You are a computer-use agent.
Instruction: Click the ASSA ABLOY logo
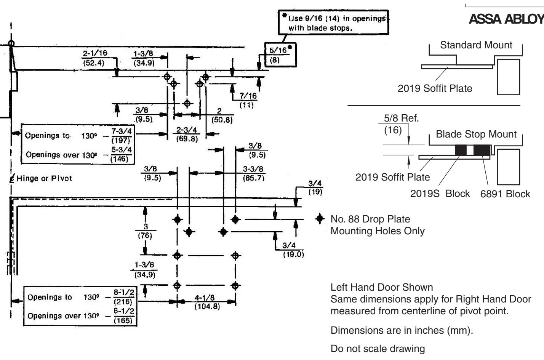coord(506,19)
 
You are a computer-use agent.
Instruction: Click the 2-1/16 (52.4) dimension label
coord(94,58)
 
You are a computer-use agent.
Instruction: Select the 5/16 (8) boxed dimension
coord(279,55)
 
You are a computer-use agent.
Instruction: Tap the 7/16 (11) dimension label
coord(248,100)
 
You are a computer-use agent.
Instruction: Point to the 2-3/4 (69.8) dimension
coord(187,134)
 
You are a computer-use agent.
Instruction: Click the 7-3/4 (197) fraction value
coord(122,136)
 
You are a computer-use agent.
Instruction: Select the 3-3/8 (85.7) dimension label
coord(254,173)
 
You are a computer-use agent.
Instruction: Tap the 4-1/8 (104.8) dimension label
coord(207,302)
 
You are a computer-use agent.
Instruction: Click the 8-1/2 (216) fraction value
coord(123,297)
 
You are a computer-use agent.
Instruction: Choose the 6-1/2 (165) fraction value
coord(123,316)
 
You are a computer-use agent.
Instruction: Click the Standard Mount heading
coord(476,45)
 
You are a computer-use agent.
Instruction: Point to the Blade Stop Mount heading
coord(476,134)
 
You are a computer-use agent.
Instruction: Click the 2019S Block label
coord(440,194)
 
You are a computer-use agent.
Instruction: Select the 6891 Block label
coord(505,194)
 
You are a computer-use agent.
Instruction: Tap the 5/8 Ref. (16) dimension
coord(401,124)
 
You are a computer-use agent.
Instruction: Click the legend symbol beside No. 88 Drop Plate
coord(320,219)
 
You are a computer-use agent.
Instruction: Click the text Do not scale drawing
coord(378,349)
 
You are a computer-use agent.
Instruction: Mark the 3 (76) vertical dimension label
coord(145,231)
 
